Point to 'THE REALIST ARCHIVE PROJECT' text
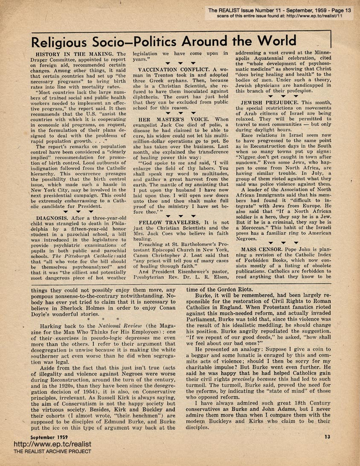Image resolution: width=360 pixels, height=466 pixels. [x=52, y=451]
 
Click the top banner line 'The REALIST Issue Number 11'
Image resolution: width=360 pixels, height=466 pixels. [x=282, y=10]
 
